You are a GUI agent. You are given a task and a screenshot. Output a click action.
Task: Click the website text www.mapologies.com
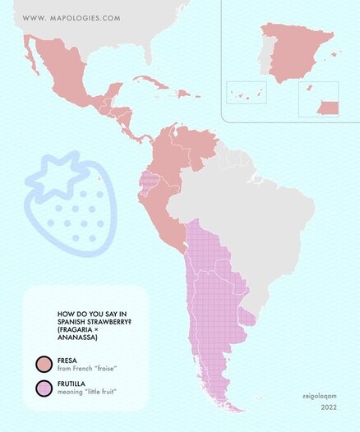pos(72,17)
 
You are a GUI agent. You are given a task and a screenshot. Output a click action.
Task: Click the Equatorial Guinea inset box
pos(318,99)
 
